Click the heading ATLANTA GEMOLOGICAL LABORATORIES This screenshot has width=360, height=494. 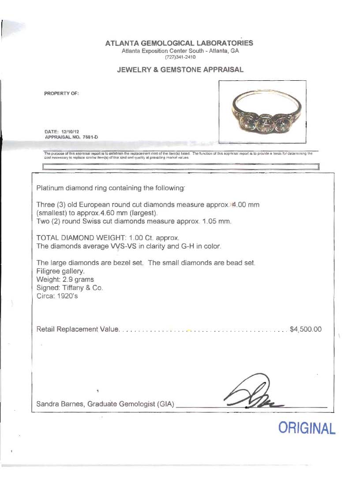point(179,43)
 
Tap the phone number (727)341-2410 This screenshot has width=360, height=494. point(180,57)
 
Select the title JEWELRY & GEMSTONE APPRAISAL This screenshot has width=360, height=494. point(180,70)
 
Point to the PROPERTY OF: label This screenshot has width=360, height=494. point(61,94)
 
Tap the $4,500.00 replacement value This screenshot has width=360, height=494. point(306,329)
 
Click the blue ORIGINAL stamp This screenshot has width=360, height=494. point(307,428)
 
